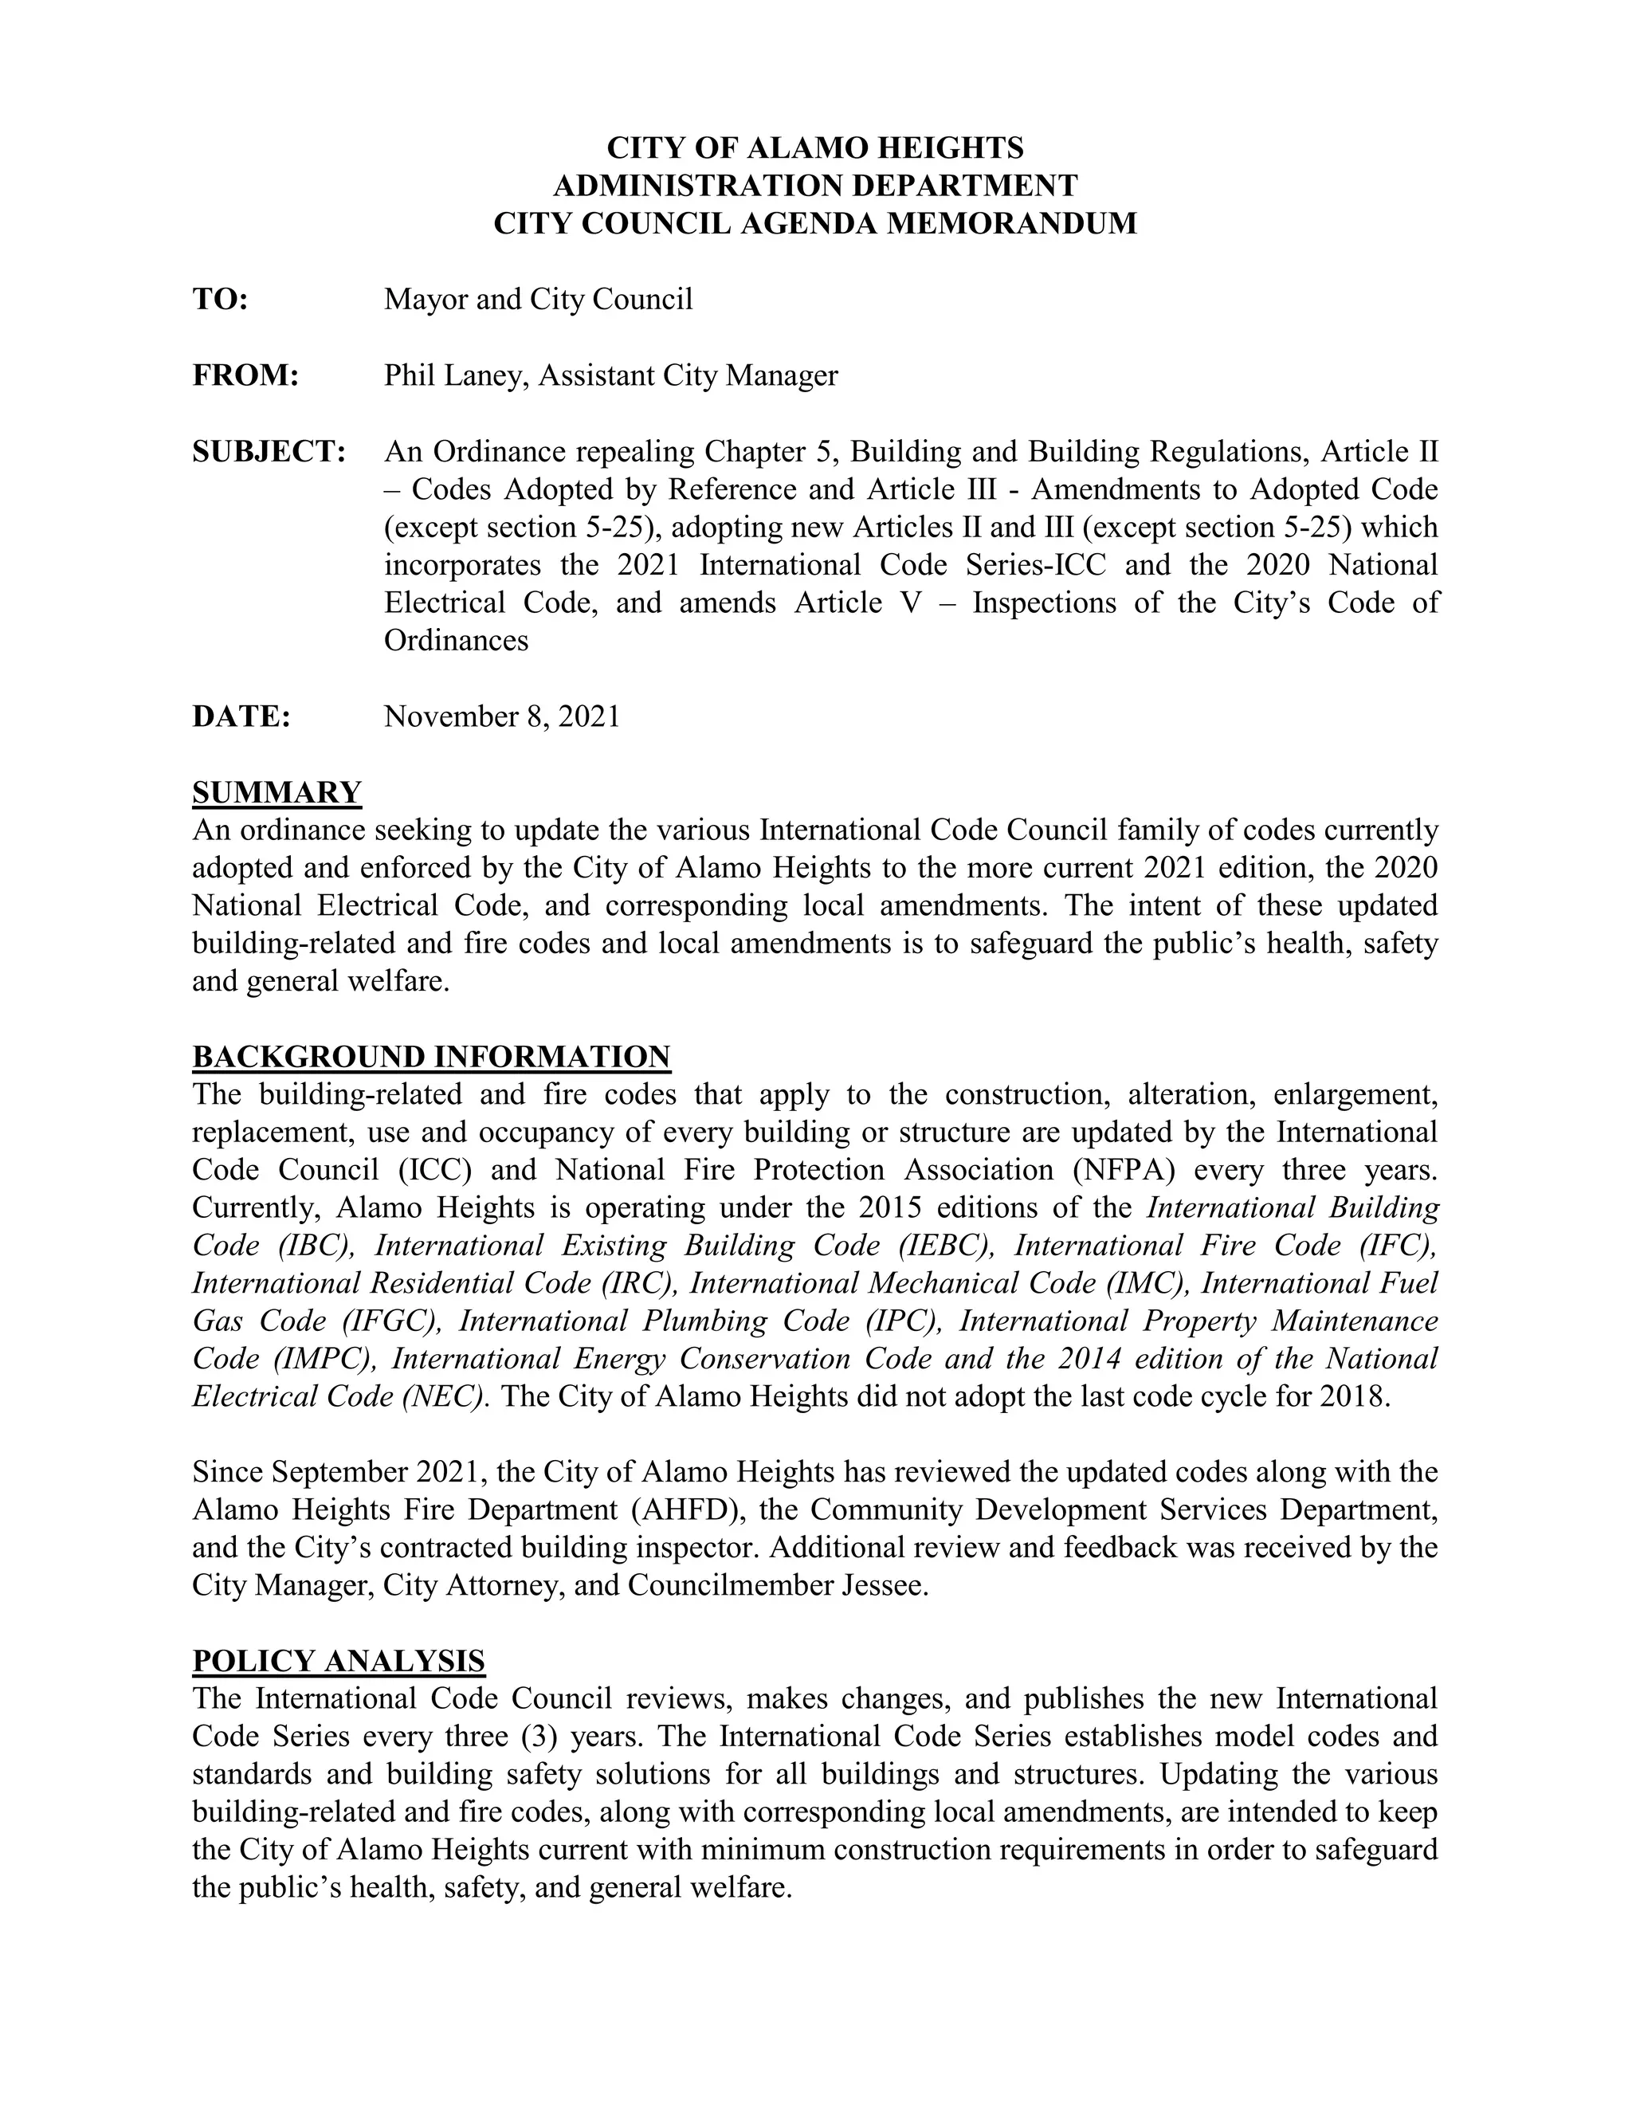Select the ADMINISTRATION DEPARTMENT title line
tap(815, 186)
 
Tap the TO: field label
tap(221, 300)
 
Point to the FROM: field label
tap(245, 375)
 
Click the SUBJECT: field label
tap(269, 452)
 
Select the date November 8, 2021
tap(502, 716)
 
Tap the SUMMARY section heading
tap(277, 793)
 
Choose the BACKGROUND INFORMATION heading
tap(431, 1057)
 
